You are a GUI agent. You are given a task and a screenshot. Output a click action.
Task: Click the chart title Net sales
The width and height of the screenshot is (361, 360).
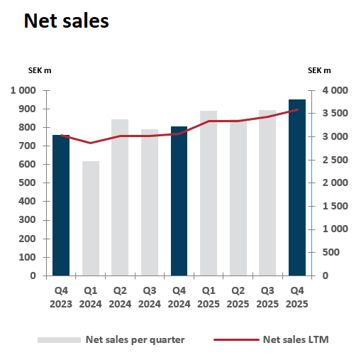click(66, 21)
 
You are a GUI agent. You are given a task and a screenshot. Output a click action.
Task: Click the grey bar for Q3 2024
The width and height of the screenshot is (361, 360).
click(150, 202)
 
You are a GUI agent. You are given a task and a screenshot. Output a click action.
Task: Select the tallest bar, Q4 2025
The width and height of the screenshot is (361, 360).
click(297, 187)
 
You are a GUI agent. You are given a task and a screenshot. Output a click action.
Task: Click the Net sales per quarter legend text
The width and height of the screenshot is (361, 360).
click(135, 339)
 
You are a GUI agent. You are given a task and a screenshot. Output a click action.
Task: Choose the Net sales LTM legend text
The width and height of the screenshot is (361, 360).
click(296, 339)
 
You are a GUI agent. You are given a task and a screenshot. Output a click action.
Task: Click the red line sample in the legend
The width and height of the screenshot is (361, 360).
click(235, 339)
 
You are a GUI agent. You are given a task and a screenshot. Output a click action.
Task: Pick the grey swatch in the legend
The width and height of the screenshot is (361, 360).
click(59, 340)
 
